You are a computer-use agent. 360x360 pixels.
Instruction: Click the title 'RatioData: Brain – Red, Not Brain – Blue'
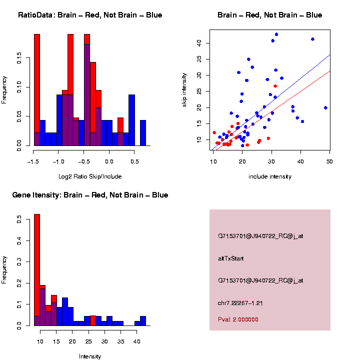[x=90, y=15]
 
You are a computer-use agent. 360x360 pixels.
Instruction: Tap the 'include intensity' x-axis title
[x=270, y=176]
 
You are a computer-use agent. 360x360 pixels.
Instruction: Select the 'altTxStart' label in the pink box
[x=231, y=258]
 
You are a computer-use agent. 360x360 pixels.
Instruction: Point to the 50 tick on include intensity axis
[x=329, y=161]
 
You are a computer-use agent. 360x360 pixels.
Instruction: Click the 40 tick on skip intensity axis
[x=198, y=43]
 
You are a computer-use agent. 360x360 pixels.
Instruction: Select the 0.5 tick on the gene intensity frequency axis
[x=19, y=219]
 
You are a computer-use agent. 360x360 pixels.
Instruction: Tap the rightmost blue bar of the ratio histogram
[x=143, y=134]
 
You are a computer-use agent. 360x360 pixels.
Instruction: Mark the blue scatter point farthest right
[x=325, y=107]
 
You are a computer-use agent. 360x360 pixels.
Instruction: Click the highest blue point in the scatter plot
[x=276, y=34]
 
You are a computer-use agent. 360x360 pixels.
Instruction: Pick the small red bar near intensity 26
[x=93, y=320]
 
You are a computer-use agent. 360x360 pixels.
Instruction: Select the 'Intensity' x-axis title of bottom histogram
[x=90, y=356]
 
